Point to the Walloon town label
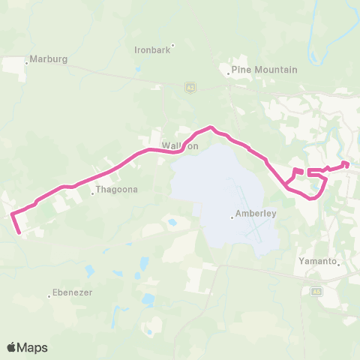[x=180, y=145]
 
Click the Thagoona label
[x=112, y=191]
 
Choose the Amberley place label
[x=256, y=214]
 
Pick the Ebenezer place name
[x=73, y=293]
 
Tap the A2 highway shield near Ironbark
[x=190, y=88]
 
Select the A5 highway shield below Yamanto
[x=316, y=291]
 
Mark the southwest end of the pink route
[x=19, y=233]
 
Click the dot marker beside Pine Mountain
[x=229, y=73]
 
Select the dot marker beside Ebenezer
[x=50, y=297]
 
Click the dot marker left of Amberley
[x=232, y=217]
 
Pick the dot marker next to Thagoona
[x=93, y=195]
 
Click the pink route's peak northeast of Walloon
[x=211, y=127]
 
